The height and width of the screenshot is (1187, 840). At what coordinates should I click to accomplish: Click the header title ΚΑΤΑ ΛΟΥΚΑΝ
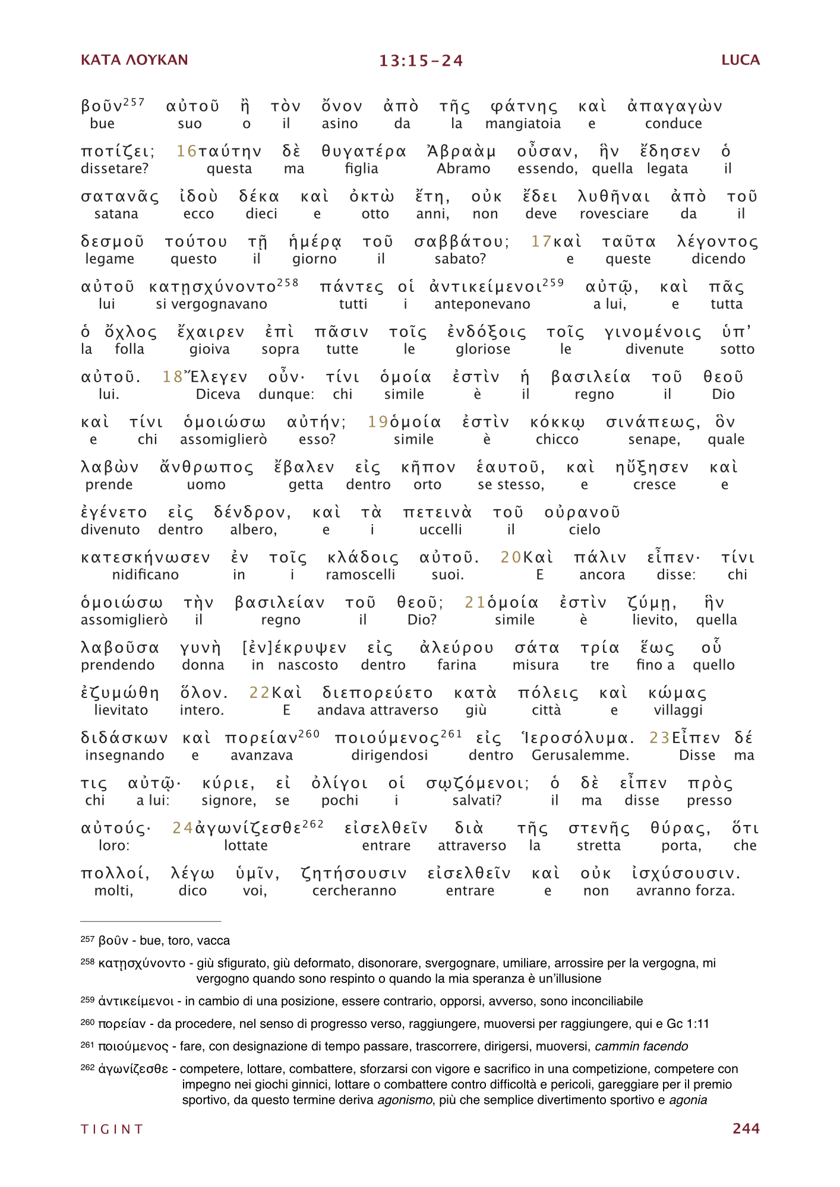[134, 60]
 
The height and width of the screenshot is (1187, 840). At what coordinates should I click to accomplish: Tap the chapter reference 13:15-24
[421, 61]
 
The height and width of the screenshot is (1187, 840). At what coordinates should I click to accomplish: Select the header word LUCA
[740, 60]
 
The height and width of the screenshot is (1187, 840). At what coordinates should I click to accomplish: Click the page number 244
[746, 1128]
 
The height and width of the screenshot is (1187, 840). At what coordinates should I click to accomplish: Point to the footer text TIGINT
[112, 1129]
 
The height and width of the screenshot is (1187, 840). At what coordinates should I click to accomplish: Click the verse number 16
[186, 152]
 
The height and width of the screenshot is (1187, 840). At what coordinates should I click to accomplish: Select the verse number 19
[378, 423]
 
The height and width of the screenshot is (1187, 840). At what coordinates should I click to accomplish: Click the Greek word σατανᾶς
[120, 197]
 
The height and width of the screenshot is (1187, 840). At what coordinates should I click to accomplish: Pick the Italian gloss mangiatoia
[523, 123]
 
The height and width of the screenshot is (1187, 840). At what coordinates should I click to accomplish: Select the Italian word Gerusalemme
[580, 755]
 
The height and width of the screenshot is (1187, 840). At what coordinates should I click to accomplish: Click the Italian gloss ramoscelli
[361, 575]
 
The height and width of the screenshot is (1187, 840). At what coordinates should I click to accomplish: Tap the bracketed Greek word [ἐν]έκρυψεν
[295, 648]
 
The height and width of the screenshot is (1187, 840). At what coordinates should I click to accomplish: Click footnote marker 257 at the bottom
[87, 939]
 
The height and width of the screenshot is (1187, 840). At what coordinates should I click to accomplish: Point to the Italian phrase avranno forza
[685, 890]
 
